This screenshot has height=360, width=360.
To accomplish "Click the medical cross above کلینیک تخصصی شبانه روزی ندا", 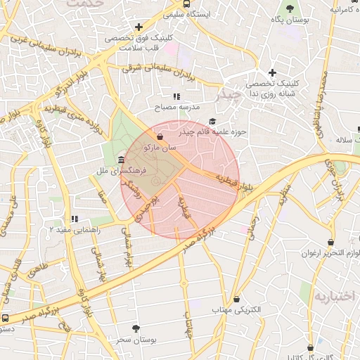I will [x=272, y=72].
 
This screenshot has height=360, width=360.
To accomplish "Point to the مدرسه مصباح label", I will [x=178, y=107].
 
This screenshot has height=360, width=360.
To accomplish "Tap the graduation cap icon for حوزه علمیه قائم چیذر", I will [x=212, y=121].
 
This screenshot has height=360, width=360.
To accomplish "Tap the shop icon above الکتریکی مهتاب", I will [x=236, y=298].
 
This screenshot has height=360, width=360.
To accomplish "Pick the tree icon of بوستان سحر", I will [x=136, y=328].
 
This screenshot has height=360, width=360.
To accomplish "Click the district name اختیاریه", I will [x=335, y=296].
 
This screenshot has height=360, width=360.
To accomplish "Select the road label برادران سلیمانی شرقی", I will [x=157, y=70].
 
